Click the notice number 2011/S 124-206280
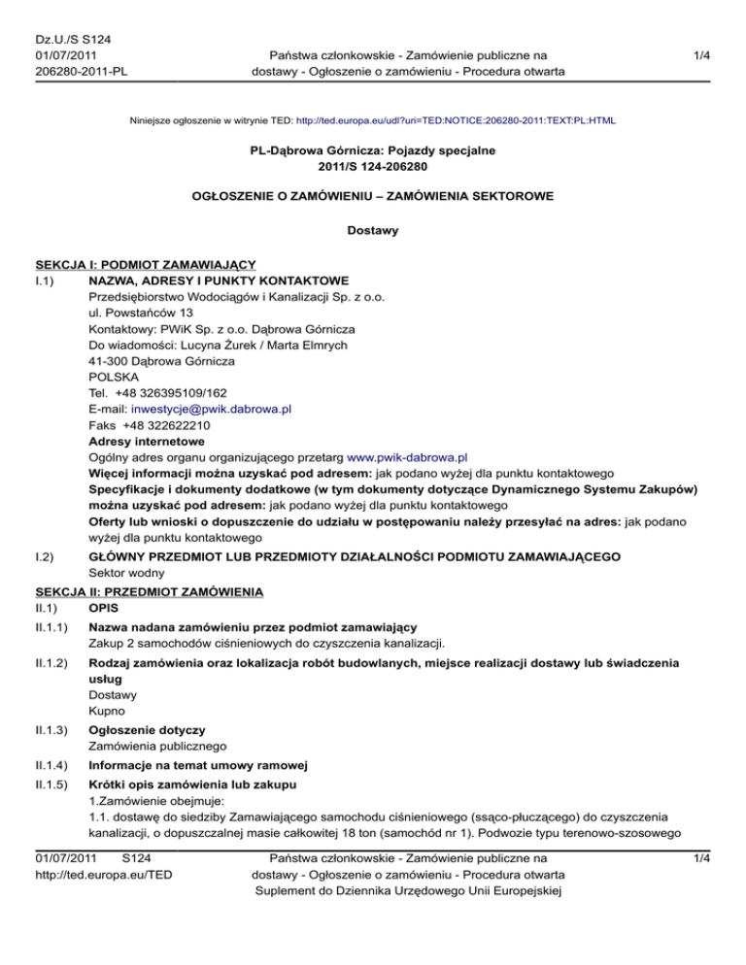373,168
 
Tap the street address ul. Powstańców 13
134,313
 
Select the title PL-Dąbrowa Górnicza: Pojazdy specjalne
373,152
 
